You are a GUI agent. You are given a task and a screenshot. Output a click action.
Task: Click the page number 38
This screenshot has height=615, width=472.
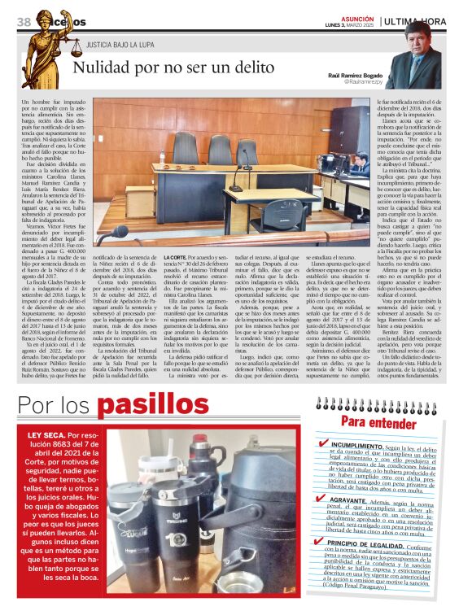(x=24, y=20)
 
